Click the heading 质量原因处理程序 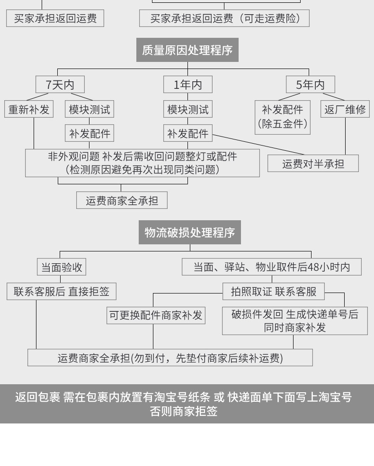pyautogui.click(x=187, y=50)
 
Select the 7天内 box pyautogui.click(x=60, y=85)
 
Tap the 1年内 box pyautogui.click(x=188, y=85)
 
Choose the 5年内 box pyautogui.click(x=311, y=85)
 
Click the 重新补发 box pyautogui.click(x=29, y=109)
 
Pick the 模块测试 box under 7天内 pyautogui.click(x=89, y=109)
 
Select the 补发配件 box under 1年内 pyautogui.click(x=188, y=133)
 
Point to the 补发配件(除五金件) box pyautogui.click(x=283, y=117)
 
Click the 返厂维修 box pyautogui.click(x=345, y=109)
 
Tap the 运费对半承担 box pyautogui.click(x=313, y=163)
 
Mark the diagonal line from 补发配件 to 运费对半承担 pyautogui.click(x=258, y=145)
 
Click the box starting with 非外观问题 pyautogui.click(x=142, y=163)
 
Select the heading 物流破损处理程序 pyautogui.click(x=190, y=233)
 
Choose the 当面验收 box pyautogui.click(x=62, y=267)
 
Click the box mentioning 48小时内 pyautogui.click(x=272, y=267)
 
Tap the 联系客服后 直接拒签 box pyautogui.click(x=62, y=291)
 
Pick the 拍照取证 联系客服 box pyautogui.click(x=274, y=291)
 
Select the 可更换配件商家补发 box pyautogui.click(x=156, y=315)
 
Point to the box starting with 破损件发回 pyautogui.click(x=295, y=321)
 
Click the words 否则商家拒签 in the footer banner pyautogui.click(x=184, y=411)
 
